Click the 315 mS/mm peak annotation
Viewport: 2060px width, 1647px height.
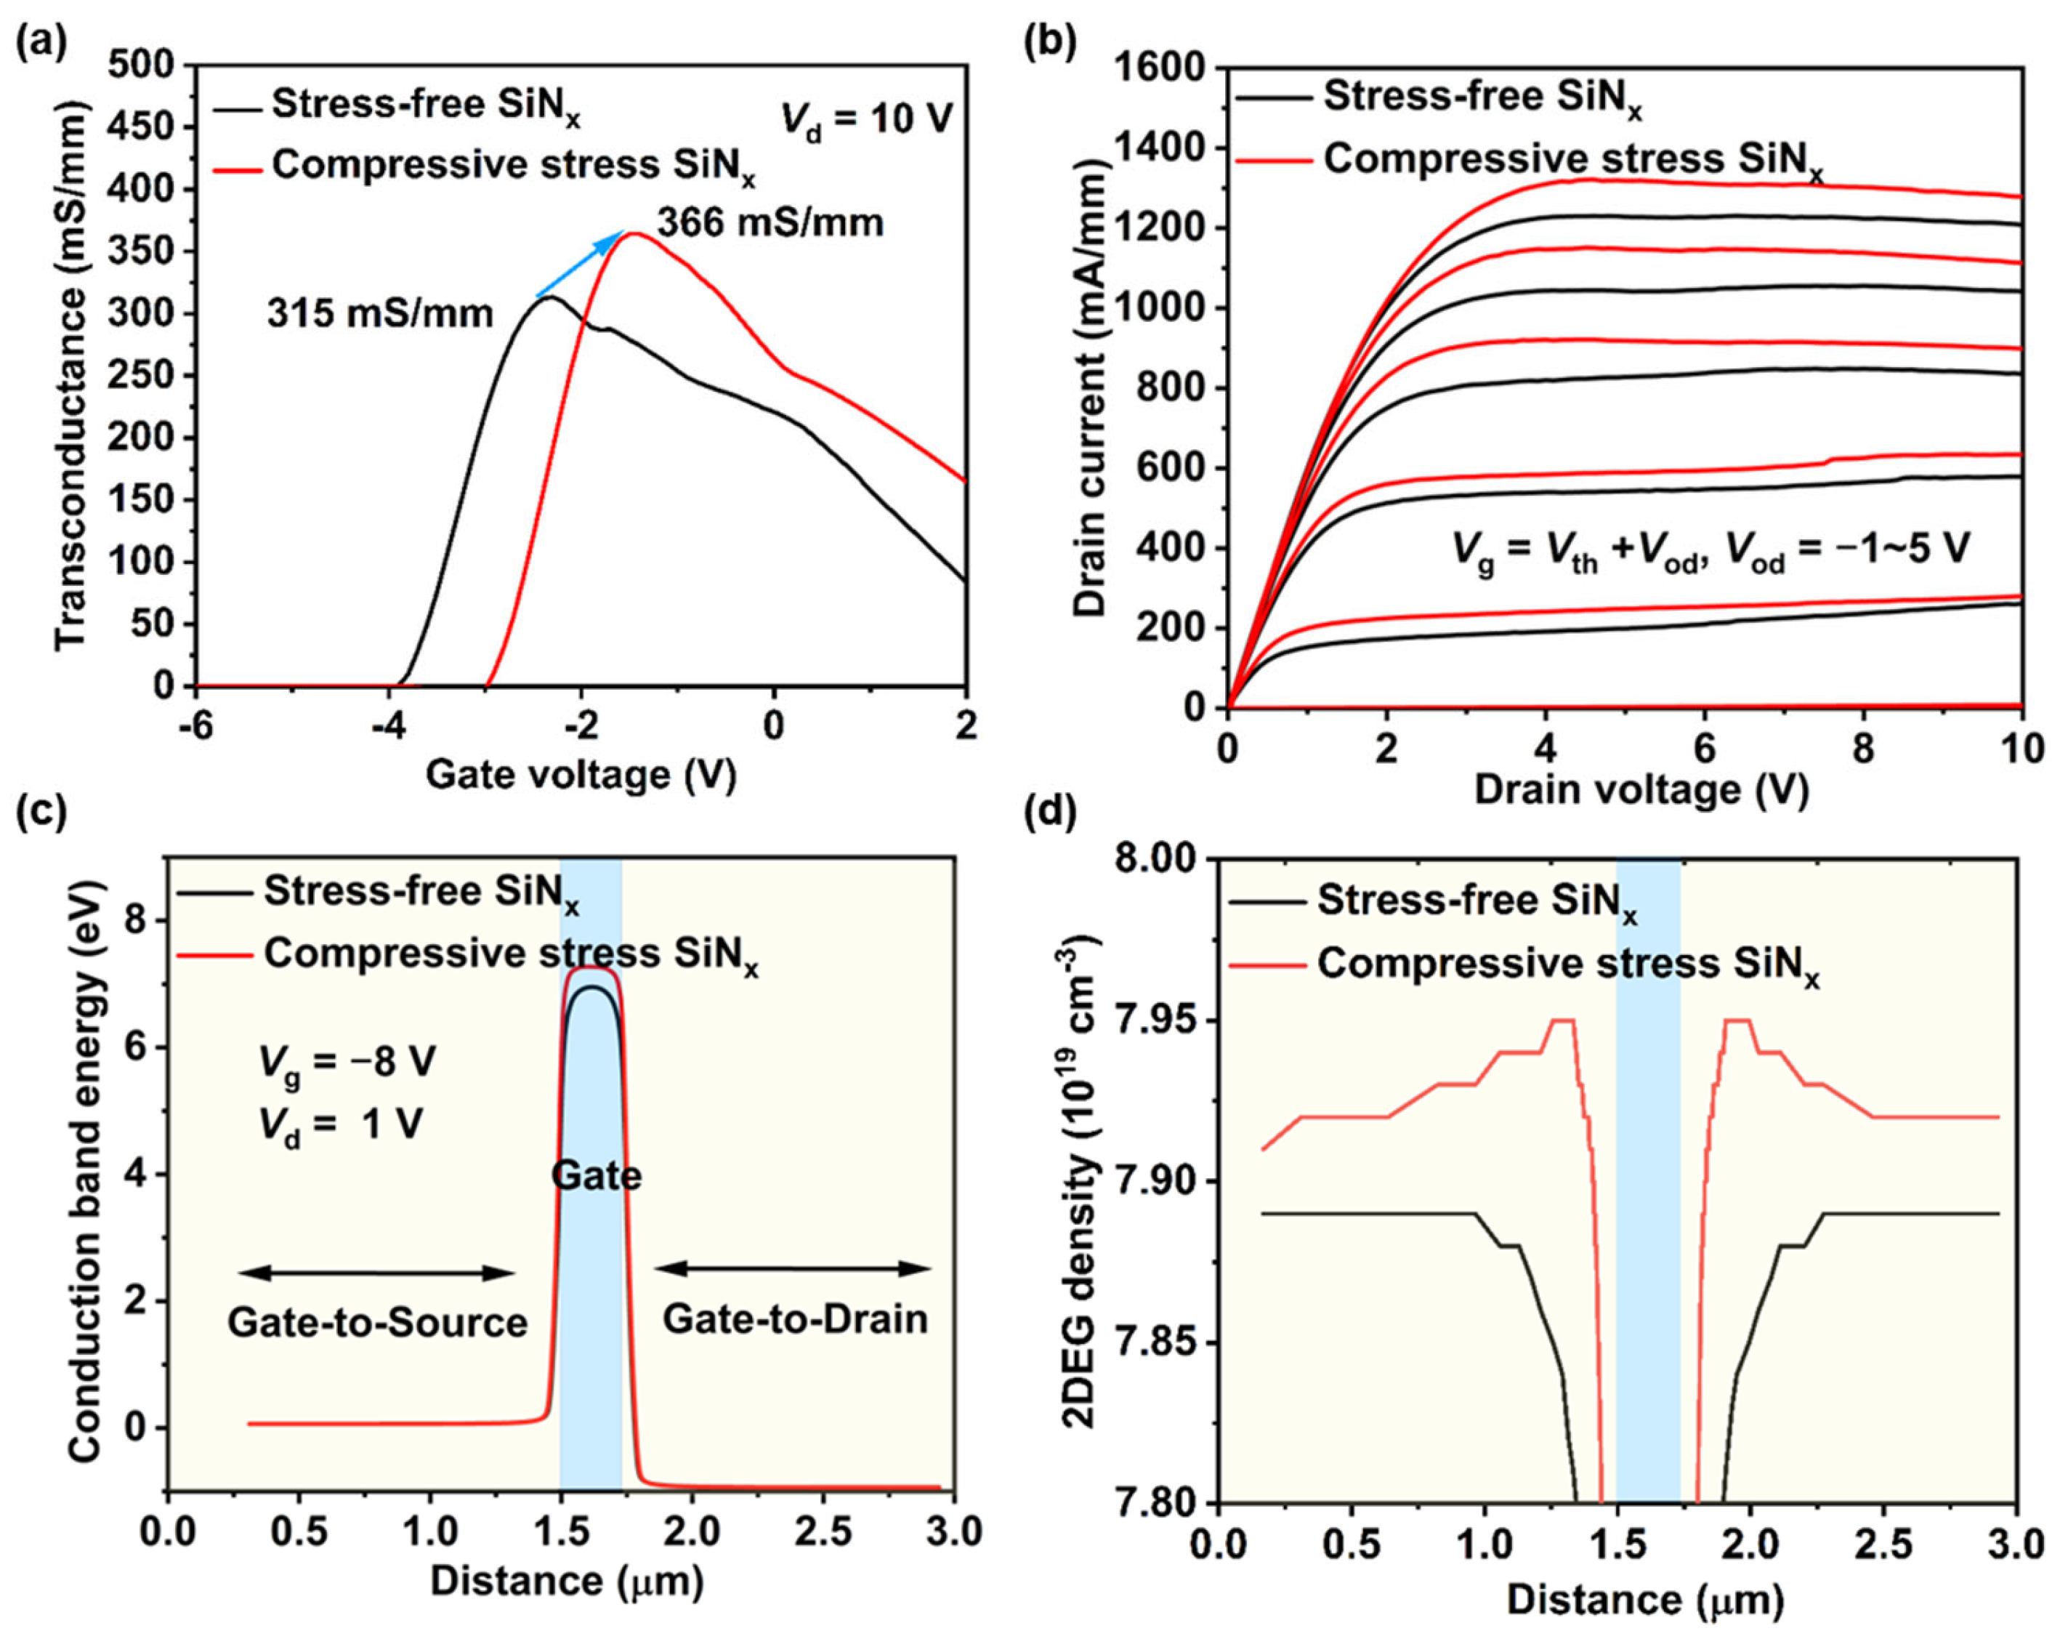point(379,313)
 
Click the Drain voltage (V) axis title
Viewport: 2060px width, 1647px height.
point(1641,789)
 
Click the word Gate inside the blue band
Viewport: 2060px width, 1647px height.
point(597,1175)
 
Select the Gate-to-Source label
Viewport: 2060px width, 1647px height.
point(377,1323)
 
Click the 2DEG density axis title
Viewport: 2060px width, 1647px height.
point(1082,1180)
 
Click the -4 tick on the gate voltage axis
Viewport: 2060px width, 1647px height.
point(389,727)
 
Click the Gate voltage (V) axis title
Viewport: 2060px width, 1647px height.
point(581,774)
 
